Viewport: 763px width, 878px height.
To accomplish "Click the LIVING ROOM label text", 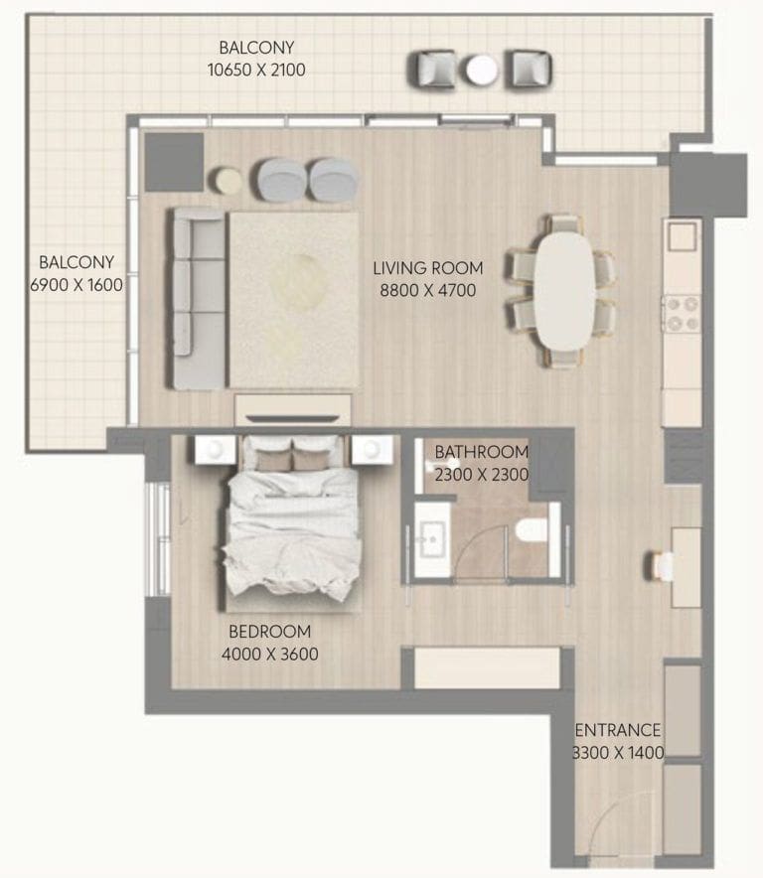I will pyautogui.click(x=428, y=268).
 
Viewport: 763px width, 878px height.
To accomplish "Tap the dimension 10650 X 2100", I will pyautogui.click(x=257, y=70).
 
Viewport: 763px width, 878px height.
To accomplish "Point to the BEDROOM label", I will pyautogui.click(x=269, y=632).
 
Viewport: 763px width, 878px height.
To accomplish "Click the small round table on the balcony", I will pyautogui.click(x=482, y=70).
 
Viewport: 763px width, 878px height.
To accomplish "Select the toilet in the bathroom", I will pyautogui.click(x=534, y=529).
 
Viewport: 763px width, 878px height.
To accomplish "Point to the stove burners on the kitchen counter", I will pyautogui.click(x=682, y=314).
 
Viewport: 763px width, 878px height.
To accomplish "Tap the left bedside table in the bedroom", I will pyautogui.click(x=215, y=451).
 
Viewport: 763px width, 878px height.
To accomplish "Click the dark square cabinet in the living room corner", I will pyautogui.click(x=174, y=162).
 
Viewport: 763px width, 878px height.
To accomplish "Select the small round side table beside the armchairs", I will pyautogui.click(x=229, y=180).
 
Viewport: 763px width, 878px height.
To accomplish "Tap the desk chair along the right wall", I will pyautogui.click(x=662, y=566).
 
